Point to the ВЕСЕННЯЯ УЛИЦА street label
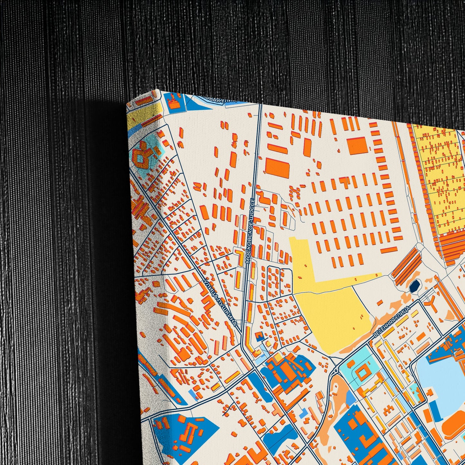click(391, 322)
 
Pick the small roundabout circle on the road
click(336, 371)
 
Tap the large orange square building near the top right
click(357, 146)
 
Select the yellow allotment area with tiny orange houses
click(441, 174)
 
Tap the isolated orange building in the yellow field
click(380, 302)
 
